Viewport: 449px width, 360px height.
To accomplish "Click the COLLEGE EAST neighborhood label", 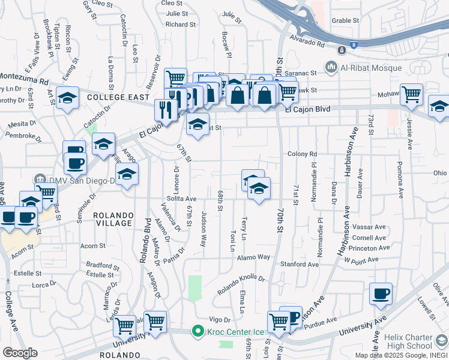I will [117, 97].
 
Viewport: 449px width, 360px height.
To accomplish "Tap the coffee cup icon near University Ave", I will [381, 294].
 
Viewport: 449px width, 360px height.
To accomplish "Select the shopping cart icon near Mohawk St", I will [411, 94].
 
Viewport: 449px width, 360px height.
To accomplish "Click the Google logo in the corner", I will [20, 352].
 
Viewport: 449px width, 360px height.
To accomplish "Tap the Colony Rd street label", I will [302, 154].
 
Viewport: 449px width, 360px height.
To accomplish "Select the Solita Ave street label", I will [182, 199].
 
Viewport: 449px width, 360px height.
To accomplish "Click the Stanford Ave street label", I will [300, 264].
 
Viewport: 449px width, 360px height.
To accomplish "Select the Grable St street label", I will [345, 20].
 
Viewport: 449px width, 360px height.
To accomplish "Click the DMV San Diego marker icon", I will [40, 178].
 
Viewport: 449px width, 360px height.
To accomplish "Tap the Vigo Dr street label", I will [220, 320].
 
